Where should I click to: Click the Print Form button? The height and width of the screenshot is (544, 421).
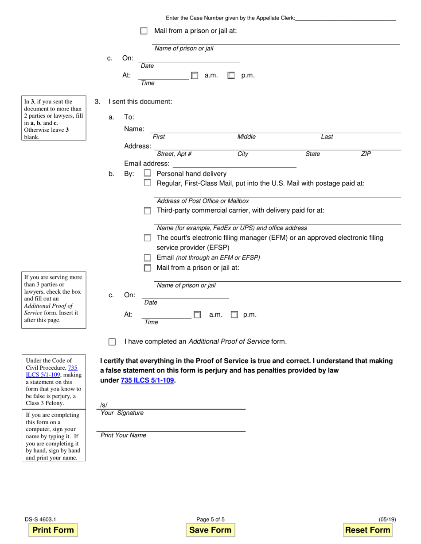coord(53,530)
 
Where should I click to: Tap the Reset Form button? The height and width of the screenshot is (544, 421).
coord(367,530)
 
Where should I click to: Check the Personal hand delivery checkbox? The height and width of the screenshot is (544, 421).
coord(148,174)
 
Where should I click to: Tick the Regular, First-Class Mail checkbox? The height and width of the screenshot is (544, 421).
coord(148,183)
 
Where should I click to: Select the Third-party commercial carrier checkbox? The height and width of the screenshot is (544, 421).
coord(148,211)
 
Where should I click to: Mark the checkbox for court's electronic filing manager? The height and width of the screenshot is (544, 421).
coord(148,238)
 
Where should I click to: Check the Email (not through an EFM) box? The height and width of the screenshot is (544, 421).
coord(148,258)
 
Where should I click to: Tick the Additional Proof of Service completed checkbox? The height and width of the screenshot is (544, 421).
coord(112,342)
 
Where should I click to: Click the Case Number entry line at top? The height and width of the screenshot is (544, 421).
coord(345,18)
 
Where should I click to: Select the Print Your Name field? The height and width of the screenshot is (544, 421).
coord(171,427)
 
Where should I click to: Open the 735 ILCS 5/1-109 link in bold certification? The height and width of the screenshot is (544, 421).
coord(147,380)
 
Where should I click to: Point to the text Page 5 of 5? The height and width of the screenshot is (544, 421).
coord(210,520)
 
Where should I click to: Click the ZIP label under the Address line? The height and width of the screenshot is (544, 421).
coord(366,154)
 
